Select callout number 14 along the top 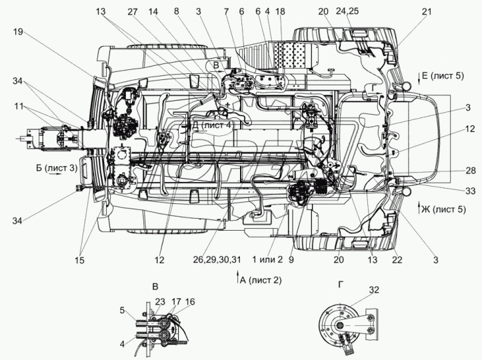point(153,12)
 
